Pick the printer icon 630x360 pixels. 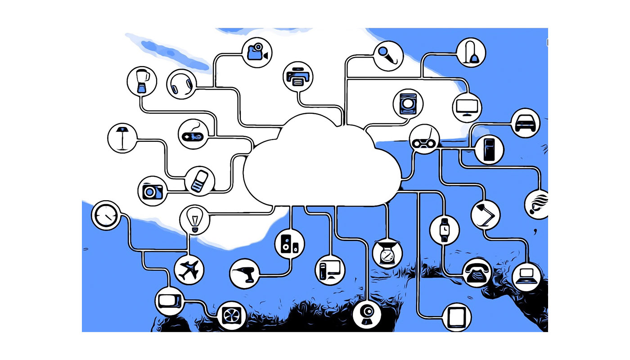pyautogui.click(x=297, y=76)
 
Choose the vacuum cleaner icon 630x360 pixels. pyautogui.click(x=471, y=52)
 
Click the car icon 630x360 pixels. pyautogui.click(x=526, y=122)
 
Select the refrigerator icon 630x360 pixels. pyautogui.click(x=489, y=149)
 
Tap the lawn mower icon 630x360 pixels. pyautogui.click(x=424, y=139)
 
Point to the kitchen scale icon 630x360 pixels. pyautogui.click(x=387, y=254)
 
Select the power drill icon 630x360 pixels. pyautogui.click(x=244, y=273)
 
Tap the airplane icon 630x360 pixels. pyautogui.click(x=189, y=270)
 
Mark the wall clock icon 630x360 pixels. pyautogui.click(x=106, y=215)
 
